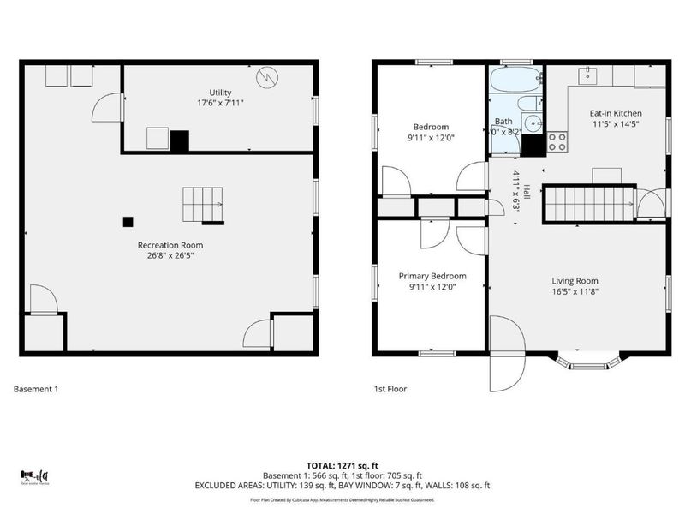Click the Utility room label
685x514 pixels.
pos(220,93)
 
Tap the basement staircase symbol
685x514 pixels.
pos(202,205)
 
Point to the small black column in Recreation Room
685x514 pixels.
pos(128,221)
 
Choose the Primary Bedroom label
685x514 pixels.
pos(432,276)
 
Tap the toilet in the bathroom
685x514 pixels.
pos(530,124)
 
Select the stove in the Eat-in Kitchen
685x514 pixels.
pos(557,141)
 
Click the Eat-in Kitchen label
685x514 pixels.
pos(615,113)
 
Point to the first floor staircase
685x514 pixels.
pos(588,204)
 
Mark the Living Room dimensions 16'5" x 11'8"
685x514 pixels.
pos(575,291)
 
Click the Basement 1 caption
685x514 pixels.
pos(36,389)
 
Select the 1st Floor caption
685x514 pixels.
pos(390,389)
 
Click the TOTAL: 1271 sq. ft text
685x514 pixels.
pos(342,465)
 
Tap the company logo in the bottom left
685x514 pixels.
pos(34,476)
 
